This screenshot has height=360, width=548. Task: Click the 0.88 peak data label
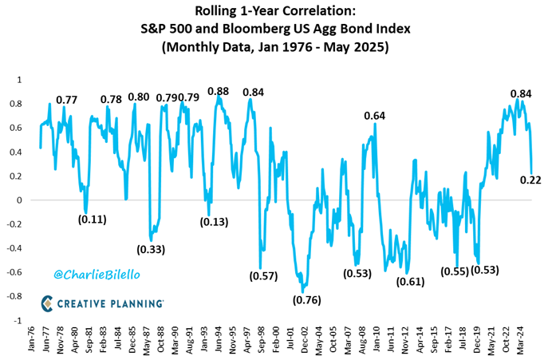(x=218, y=91)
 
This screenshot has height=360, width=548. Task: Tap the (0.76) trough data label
(x=306, y=300)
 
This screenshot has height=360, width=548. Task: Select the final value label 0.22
(x=530, y=180)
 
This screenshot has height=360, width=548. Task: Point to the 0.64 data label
(x=375, y=116)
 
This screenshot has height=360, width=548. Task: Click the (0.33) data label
(x=151, y=250)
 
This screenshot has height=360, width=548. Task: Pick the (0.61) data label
(x=410, y=282)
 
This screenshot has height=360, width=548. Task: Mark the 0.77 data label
(x=66, y=100)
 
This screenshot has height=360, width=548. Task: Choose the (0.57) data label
(x=263, y=276)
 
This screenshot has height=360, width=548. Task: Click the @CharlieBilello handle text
(x=97, y=275)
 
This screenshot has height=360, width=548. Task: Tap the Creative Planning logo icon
(x=47, y=303)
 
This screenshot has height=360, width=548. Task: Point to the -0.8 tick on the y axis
(x=14, y=296)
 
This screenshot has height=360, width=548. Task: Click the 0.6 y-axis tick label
(x=17, y=128)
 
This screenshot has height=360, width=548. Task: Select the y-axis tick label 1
(x=20, y=80)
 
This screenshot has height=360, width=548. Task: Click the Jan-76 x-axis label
(x=31, y=339)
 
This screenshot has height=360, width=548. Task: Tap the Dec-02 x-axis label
(x=305, y=339)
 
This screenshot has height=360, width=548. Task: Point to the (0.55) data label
(x=455, y=271)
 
